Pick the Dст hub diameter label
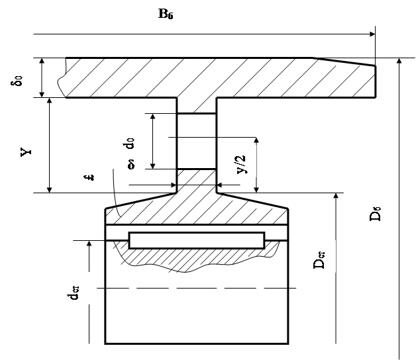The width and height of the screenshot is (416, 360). pyautogui.click(x=319, y=255)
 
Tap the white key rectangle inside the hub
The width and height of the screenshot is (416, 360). pyautogui.click(x=197, y=240)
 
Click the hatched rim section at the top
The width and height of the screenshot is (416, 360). pyautogui.click(x=219, y=77)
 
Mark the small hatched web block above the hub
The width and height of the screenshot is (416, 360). pyautogui.click(x=197, y=177)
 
